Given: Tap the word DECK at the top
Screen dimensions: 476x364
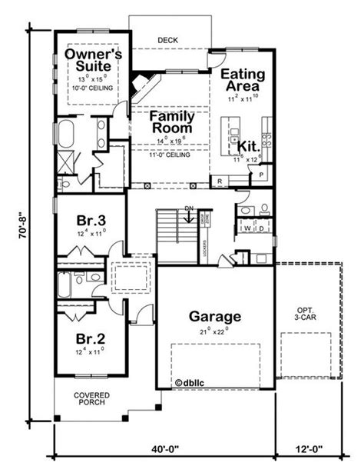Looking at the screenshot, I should click(167, 39).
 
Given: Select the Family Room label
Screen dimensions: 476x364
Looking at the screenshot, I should click(170, 123).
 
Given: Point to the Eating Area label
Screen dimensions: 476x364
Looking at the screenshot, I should click(243, 81).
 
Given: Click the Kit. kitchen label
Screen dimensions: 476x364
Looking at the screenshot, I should click(247, 145).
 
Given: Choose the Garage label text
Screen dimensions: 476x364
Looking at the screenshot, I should click(215, 316).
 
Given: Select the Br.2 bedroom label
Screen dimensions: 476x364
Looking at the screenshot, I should click(90, 338).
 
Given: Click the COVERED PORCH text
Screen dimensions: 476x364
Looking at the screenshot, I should click(91, 399).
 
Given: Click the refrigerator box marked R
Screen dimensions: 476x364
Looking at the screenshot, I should click(220, 181).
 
